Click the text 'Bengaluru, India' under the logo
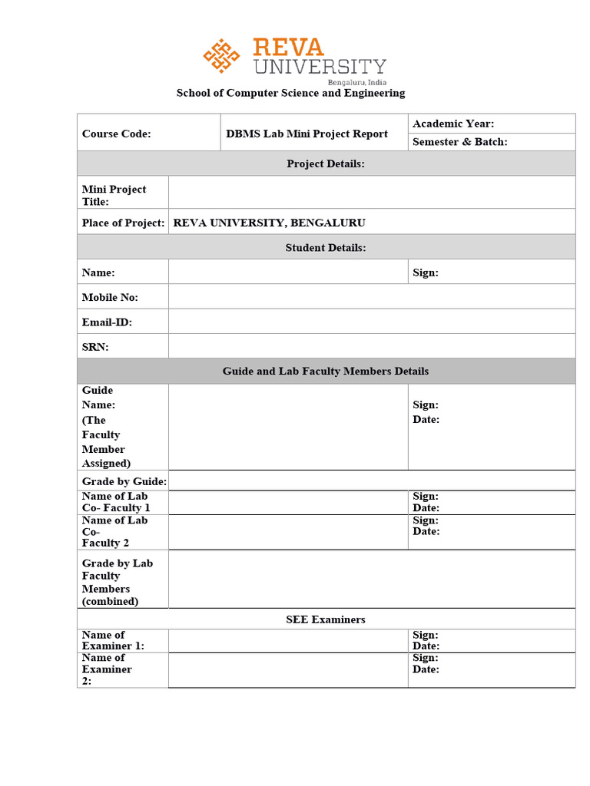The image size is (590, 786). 356,81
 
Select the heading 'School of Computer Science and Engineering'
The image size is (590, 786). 290,93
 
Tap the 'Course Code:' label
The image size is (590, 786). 117,134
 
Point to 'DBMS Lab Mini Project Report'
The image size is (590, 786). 307,134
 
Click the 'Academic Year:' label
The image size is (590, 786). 453,124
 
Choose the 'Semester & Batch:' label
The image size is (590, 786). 459,142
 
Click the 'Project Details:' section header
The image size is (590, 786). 326,163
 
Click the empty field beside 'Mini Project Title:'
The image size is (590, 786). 371,193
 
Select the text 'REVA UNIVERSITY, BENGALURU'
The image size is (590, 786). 270,223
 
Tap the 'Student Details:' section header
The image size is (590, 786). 326,247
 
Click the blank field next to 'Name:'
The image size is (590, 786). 287,272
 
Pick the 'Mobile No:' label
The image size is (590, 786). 110,297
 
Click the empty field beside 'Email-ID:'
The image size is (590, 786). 371,322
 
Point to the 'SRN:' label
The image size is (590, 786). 95,347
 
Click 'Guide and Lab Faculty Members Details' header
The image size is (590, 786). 326,372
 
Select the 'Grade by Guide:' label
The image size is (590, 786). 124,481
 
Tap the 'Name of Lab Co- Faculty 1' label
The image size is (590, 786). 116,502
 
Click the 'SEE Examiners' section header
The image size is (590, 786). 326,619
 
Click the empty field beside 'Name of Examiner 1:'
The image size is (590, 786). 287,641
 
